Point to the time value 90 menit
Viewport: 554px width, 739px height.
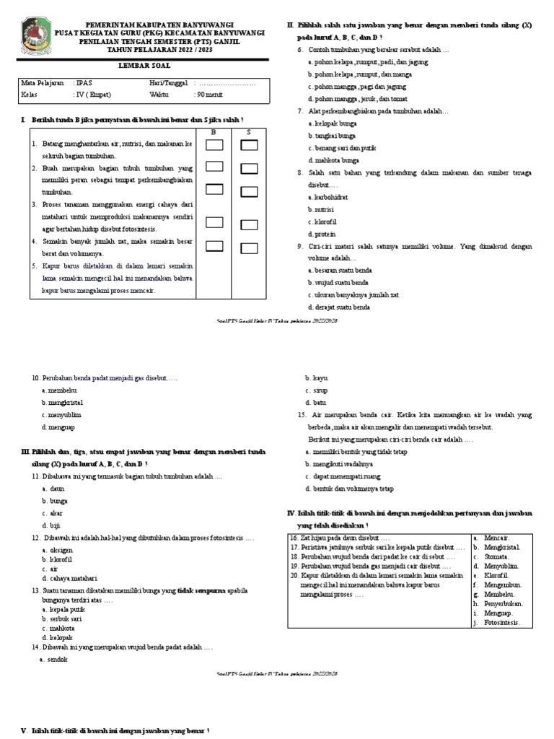click(210, 95)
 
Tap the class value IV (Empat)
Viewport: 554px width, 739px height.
click(91, 95)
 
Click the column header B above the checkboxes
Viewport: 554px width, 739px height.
click(214, 132)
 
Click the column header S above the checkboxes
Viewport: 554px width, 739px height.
click(249, 132)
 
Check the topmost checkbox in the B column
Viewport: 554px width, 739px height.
click(214, 145)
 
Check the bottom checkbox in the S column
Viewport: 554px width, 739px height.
click(250, 248)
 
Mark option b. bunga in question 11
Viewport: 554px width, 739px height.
click(54, 500)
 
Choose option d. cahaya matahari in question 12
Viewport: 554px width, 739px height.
click(70, 579)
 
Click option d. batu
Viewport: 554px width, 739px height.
click(316, 402)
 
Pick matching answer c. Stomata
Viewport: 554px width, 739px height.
click(496, 556)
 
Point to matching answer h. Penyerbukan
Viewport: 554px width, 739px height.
click(502, 603)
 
